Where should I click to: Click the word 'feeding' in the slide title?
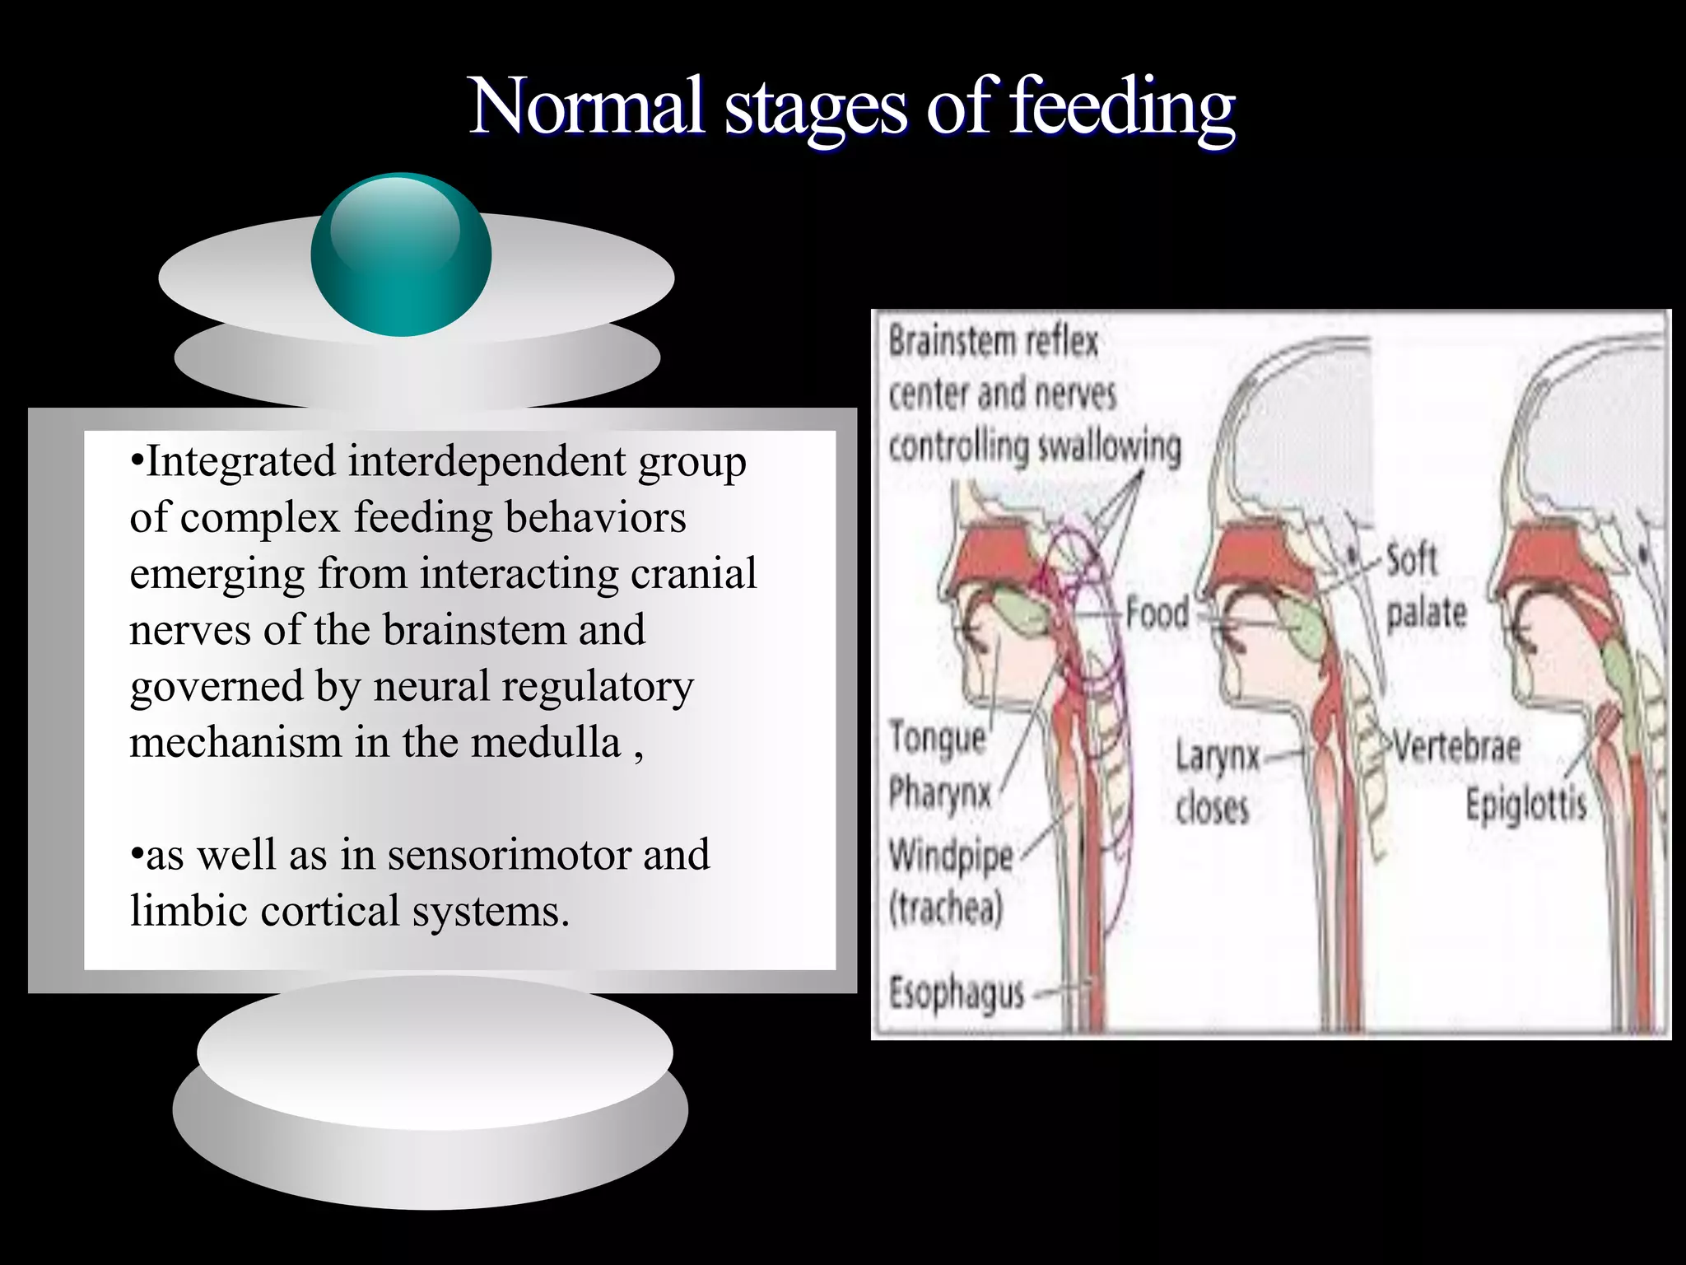[1121, 107]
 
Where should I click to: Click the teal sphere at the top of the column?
[401, 254]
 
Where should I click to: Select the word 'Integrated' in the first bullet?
[240, 461]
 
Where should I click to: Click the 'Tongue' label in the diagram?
[938, 736]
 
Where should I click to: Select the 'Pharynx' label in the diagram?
[939, 793]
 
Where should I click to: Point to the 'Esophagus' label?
[956, 993]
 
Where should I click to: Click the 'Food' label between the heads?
[1157, 614]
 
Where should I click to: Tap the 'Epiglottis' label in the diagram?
[1525, 804]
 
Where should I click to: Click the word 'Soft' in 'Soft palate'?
[1411, 560]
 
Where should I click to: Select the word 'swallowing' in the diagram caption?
[1109, 447]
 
